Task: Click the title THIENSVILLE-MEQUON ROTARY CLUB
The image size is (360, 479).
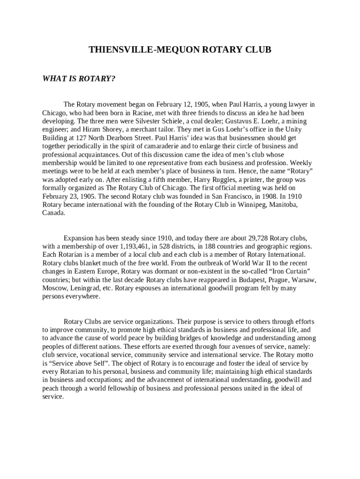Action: pos(180,50)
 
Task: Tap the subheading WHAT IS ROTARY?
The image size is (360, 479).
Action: pos(79,78)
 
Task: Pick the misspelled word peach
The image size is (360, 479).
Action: pos(51,388)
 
